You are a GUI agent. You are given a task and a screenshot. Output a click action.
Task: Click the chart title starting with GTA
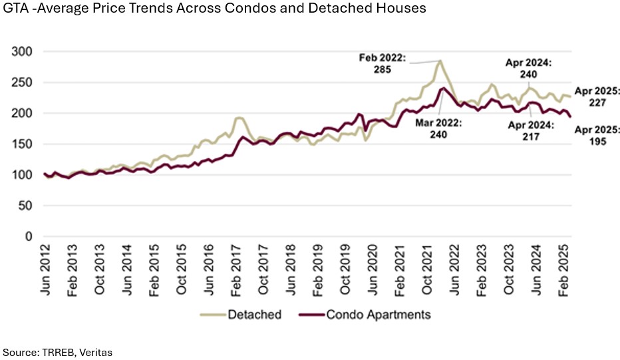click(x=213, y=9)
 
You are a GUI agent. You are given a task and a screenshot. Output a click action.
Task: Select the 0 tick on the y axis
click(x=29, y=236)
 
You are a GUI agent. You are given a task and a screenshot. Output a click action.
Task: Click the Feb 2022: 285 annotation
click(x=382, y=63)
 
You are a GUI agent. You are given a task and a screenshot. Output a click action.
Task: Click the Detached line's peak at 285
click(x=440, y=61)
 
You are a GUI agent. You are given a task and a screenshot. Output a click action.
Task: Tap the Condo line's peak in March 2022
click(x=443, y=88)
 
